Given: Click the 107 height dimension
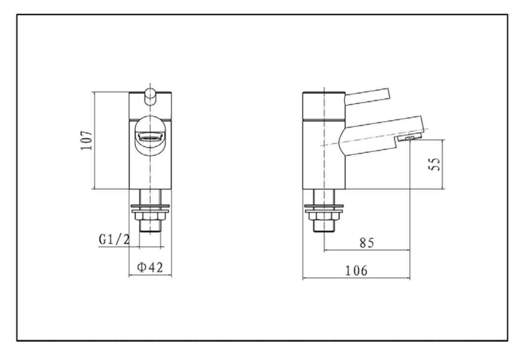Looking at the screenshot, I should (87, 141).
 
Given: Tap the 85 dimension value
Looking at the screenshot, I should (367, 243).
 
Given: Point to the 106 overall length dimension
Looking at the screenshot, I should (356, 270).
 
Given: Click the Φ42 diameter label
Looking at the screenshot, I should (150, 267).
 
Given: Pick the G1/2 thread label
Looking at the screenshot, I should (114, 239).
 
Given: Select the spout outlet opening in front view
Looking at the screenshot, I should (151, 138).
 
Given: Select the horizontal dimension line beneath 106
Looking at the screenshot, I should (356, 279).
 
